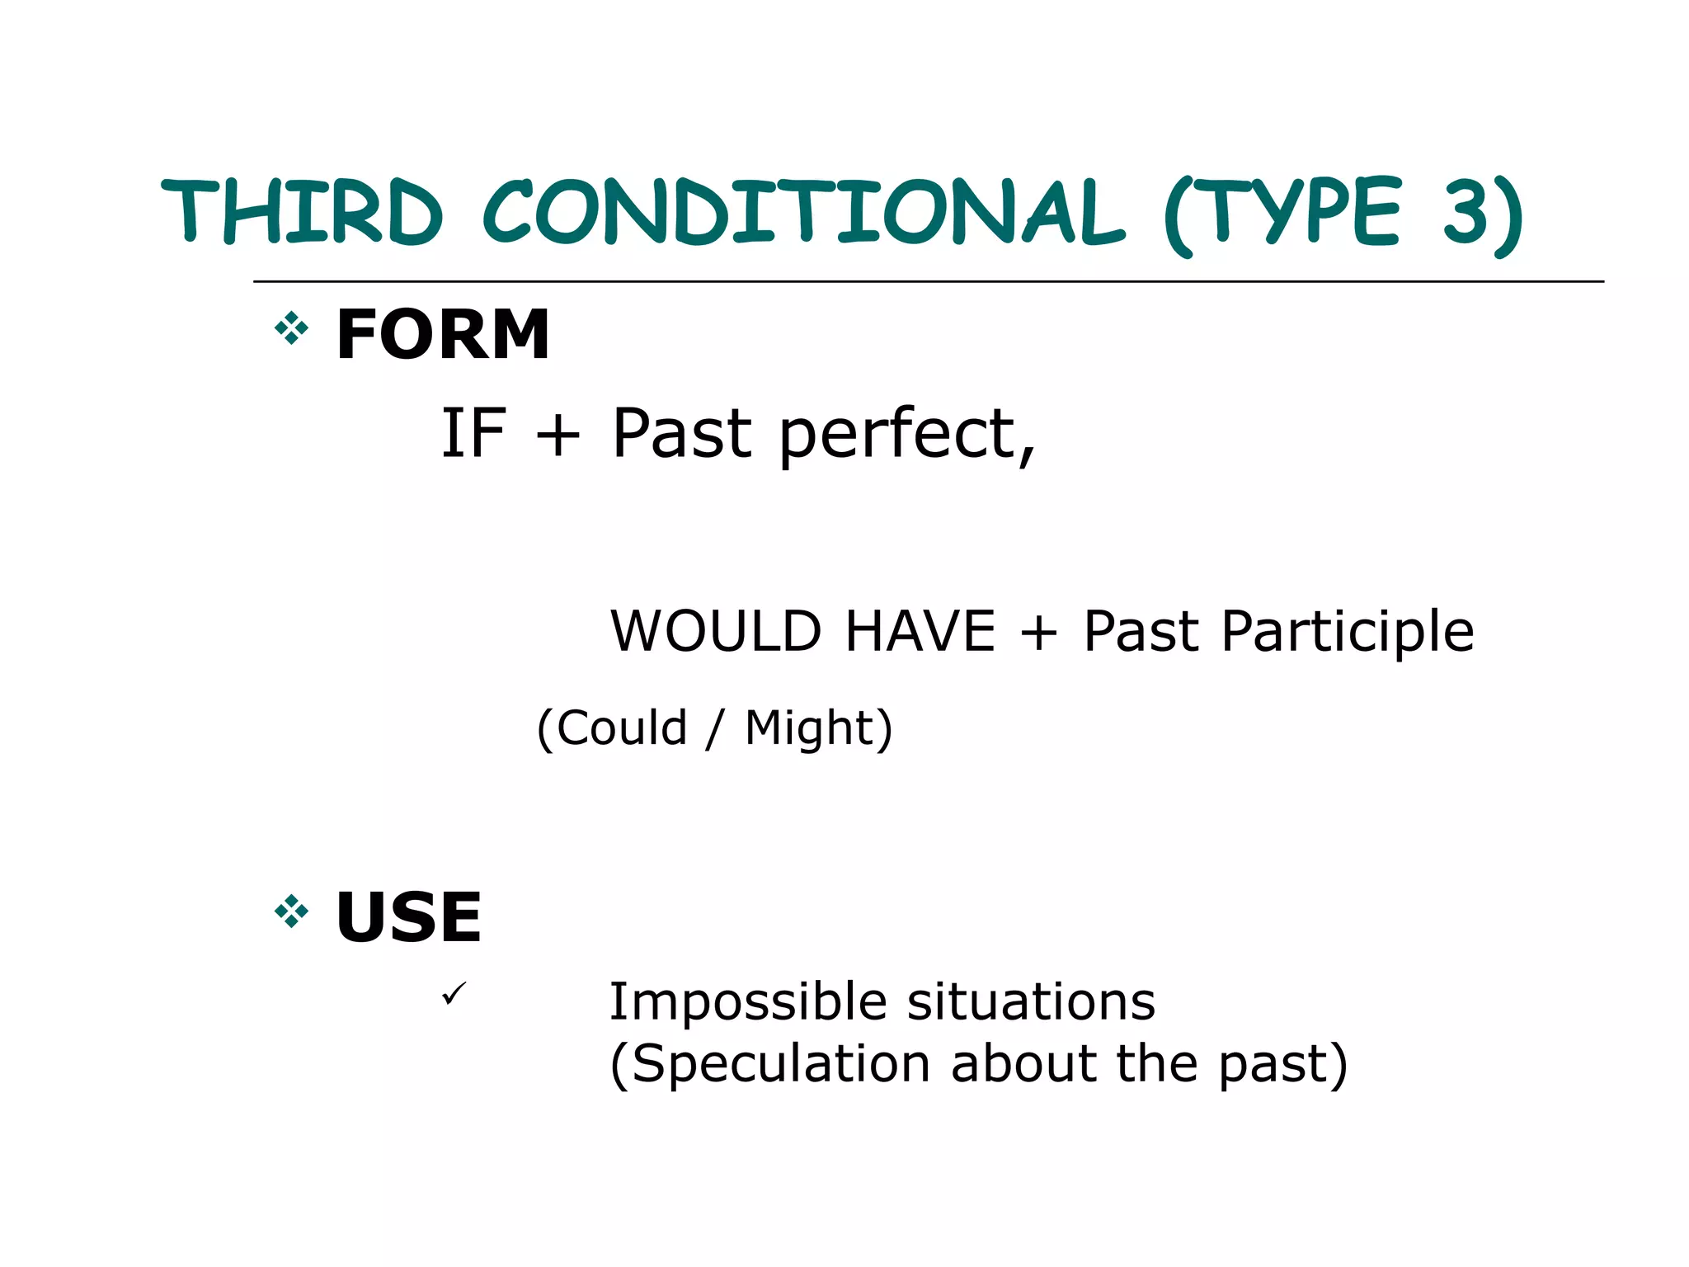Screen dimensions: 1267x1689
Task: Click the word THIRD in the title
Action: (x=302, y=211)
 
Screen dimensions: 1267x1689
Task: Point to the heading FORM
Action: (x=443, y=335)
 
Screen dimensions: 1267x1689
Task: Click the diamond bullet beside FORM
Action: (x=291, y=330)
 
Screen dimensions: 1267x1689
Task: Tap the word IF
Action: (x=473, y=434)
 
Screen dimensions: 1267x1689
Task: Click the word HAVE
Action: (x=920, y=632)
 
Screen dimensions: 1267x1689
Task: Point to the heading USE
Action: (x=408, y=917)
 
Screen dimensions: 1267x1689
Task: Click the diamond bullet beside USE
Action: (x=291, y=912)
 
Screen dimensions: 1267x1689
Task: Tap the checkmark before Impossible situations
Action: (x=454, y=993)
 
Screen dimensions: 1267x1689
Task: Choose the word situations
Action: (x=1031, y=1003)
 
